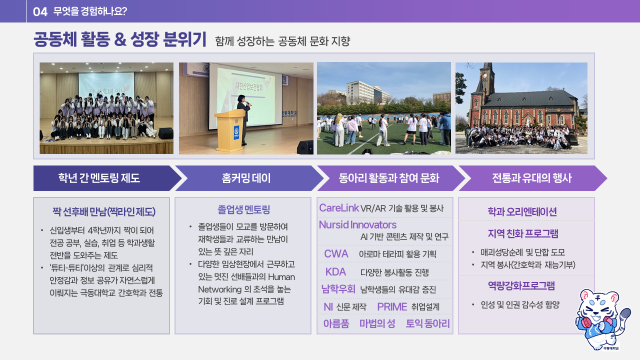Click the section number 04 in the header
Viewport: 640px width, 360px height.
[40, 11]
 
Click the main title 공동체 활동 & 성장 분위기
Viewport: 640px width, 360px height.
[120, 39]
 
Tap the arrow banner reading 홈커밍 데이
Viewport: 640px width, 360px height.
[249, 178]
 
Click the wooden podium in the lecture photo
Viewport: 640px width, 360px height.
[229, 130]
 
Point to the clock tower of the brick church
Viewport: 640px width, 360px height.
[487, 78]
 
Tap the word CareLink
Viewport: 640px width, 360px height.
[339, 207]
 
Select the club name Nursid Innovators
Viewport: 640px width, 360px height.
[357, 225]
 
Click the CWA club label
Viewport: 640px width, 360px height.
[336, 253]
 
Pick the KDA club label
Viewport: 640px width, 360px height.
[335, 271]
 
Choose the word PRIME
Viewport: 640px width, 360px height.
[392, 306]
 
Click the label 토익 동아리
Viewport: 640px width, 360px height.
[427, 323]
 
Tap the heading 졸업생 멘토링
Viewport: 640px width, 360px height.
[243, 209]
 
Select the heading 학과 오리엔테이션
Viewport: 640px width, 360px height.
[522, 211]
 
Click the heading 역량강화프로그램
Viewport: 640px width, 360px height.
[521, 285]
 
